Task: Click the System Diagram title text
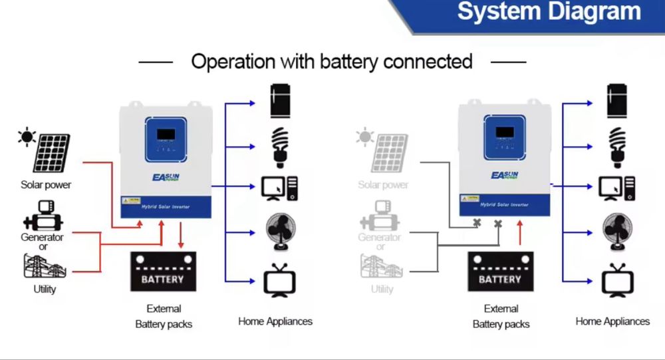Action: click(x=549, y=13)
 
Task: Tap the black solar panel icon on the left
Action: click(x=52, y=152)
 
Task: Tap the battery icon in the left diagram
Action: click(x=163, y=271)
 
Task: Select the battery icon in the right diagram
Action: click(x=500, y=271)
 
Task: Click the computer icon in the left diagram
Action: click(x=281, y=188)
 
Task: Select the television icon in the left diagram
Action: click(x=280, y=280)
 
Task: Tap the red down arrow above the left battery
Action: click(x=182, y=235)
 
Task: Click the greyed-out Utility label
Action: click(x=382, y=289)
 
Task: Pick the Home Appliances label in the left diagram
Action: click(x=275, y=321)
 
